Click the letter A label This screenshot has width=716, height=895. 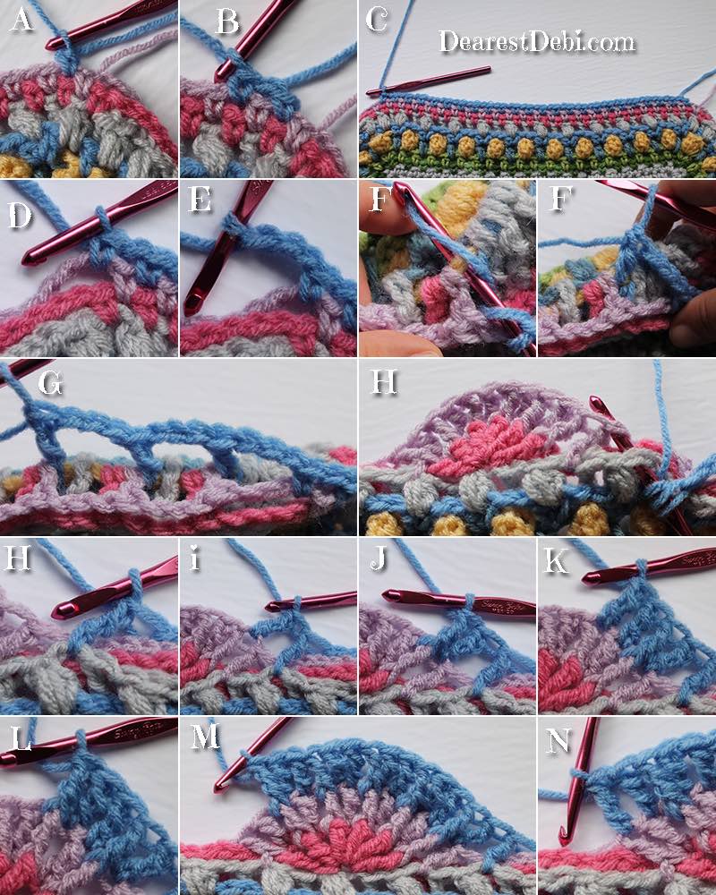point(21,21)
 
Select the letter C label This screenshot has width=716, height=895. point(377,20)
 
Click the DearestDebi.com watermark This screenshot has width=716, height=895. point(537,42)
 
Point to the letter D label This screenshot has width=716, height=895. point(20,216)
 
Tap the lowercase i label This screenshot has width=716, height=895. point(195,558)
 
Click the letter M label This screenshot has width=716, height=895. point(204,737)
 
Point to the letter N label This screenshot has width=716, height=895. point(558,740)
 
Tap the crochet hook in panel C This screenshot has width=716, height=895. point(428,81)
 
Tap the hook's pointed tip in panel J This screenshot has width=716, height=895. point(385,595)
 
